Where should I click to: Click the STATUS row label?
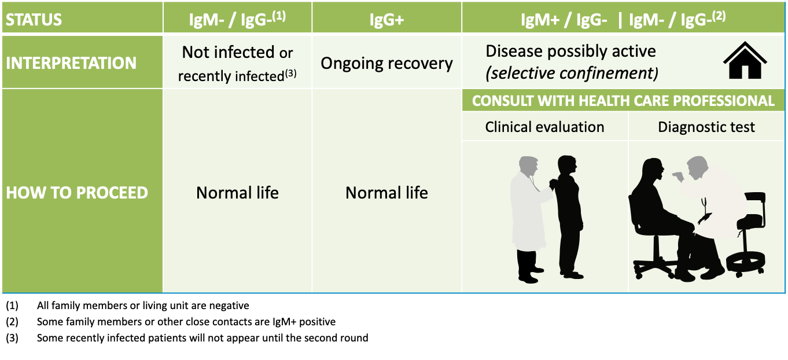pyautogui.click(x=34, y=19)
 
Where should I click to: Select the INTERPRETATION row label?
pyautogui.click(x=71, y=63)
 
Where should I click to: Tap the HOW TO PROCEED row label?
pyautogui.click(x=77, y=193)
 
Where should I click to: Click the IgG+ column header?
pyautogui.click(x=386, y=19)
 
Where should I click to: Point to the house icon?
pyautogui.click(x=745, y=61)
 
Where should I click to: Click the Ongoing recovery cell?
pyautogui.click(x=386, y=64)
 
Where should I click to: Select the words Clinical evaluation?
pyautogui.click(x=544, y=127)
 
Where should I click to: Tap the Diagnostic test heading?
pyautogui.click(x=706, y=127)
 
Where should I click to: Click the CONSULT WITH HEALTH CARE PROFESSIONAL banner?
pyautogui.click(x=623, y=101)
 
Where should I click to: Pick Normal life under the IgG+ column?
pyautogui.click(x=386, y=193)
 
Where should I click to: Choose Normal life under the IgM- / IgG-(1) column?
pyautogui.click(x=237, y=193)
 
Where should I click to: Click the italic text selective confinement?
pyautogui.click(x=572, y=73)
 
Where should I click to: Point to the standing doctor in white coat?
pyautogui.click(x=529, y=218)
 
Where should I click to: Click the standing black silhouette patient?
pyautogui.click(x=569, y=218)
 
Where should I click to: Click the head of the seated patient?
pyautogui.click(x=653, y=171)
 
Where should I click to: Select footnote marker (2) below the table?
pyautogui.click(x=12, y=322)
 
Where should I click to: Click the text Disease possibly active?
pyautogui.click(x=570, y=52)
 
